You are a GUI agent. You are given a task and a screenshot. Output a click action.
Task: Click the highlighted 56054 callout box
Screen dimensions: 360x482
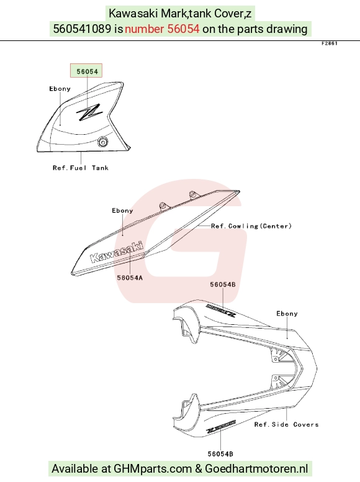coord(86,71)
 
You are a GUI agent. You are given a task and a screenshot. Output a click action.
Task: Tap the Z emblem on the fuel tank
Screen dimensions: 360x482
coord(89,112)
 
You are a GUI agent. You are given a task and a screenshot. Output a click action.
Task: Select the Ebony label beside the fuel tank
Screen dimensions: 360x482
coord(60,89)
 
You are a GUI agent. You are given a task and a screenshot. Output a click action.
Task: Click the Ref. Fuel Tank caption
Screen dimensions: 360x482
coord(81,168)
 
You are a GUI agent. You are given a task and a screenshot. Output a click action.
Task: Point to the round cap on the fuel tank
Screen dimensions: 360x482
coord(102,142)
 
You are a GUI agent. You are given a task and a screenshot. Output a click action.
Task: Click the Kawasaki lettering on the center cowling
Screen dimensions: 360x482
coord(117,252)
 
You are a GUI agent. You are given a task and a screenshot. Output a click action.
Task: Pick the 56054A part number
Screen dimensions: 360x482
coord(130,278)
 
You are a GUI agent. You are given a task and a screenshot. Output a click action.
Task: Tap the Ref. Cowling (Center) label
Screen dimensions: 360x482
coord(251,226)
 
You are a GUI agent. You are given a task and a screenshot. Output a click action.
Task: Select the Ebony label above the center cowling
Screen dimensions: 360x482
coord(122,211)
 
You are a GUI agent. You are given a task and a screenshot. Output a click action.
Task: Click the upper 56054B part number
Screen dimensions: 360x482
coord(223,284)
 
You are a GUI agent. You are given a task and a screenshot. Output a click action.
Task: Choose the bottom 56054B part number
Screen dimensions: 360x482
coord(220,454)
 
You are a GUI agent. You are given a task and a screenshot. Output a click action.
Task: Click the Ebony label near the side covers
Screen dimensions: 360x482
coord(287,314)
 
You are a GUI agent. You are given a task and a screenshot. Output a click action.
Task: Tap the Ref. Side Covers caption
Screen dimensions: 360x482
coord(286,424)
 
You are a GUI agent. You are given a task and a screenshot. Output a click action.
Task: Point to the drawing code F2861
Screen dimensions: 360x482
coord(330,43)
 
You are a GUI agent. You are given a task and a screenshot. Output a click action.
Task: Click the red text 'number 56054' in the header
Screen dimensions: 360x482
coord(162,29)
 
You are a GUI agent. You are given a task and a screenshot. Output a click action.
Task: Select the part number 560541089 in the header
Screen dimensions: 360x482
coord(82,29)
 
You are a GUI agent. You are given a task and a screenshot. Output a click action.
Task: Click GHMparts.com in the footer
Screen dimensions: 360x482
coord(153,469)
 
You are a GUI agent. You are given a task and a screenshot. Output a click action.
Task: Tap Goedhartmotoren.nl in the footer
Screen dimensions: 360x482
coord(256,469)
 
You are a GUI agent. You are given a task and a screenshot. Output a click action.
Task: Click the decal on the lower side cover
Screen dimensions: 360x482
coord(220,426)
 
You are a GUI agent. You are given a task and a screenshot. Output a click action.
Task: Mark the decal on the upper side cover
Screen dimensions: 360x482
coord(221,310)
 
